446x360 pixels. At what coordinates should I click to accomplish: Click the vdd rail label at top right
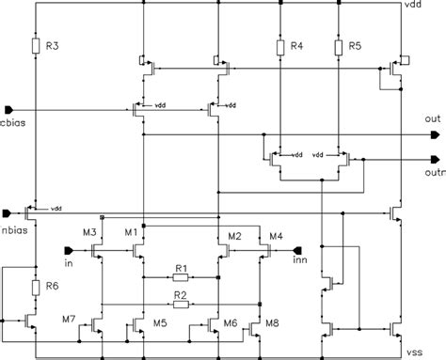[411, 7]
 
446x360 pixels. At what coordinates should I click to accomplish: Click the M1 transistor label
[131, 232]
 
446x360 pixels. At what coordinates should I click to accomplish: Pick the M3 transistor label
[90, 232]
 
